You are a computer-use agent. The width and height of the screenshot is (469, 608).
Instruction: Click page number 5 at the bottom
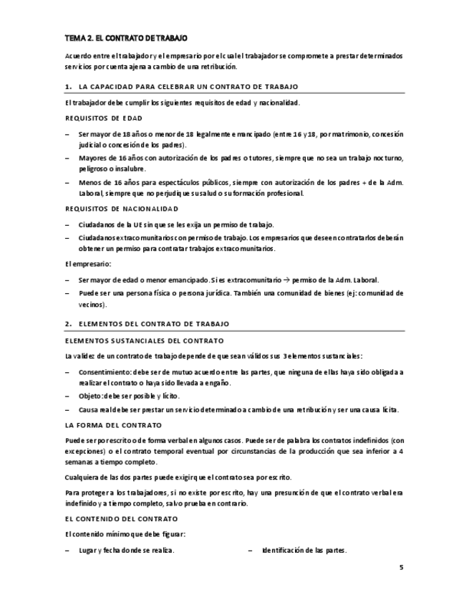[x=401, y=568]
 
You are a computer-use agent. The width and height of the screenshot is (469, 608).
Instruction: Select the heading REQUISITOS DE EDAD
[x=103, y=118]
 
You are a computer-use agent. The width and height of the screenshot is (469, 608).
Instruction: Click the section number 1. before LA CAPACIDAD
[x=68, y=87]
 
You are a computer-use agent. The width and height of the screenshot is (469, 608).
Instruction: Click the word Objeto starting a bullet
[x=90, y=396]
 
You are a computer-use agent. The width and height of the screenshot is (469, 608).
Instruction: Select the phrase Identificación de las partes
[x=304, y=550]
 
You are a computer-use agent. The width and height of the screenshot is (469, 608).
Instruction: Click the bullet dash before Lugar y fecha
[x=67, y=550]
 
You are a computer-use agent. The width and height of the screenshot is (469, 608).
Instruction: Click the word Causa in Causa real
[x=89, y=409]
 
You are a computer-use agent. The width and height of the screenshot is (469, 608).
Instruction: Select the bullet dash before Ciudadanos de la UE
[x=67, y=224]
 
